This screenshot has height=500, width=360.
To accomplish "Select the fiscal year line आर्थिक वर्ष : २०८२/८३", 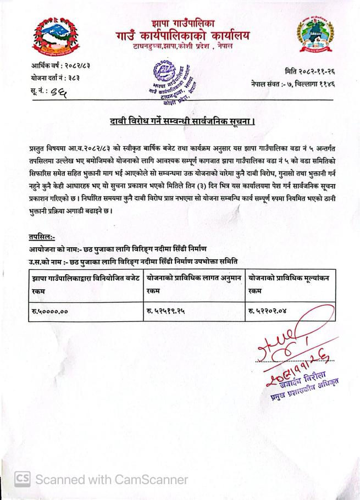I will (60, 66).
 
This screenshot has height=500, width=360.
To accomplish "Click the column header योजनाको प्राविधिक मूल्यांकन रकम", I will (289, 284).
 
